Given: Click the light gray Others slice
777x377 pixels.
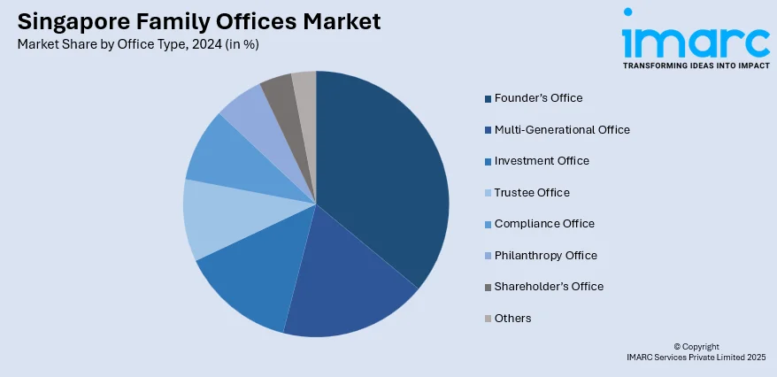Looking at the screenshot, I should pyautogui.click(x=305, y=93).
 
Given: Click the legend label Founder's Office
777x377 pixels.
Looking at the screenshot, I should pyautogui.click(x=538, y=97).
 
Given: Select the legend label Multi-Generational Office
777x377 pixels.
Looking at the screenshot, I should pyautogui.click(x=562, y=129).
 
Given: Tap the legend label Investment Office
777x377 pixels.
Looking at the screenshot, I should pyautogui.click(x=542, y=160).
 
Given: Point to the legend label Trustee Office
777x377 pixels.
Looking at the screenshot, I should pyautogui.click(x=532, y=192).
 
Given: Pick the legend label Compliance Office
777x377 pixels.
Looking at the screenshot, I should pyautogui.click(x=544, y=223).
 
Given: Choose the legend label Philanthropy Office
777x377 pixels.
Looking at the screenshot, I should pyautogui.click(x=546, y=255).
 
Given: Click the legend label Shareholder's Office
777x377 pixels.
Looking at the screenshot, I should pyautogui.click(x=549, y=286).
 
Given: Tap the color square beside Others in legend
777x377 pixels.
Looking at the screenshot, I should pyautogui.click(x=487, y=319).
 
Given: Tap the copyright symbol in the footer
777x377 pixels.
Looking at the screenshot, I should pyautogui.click(x=677, y=347).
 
